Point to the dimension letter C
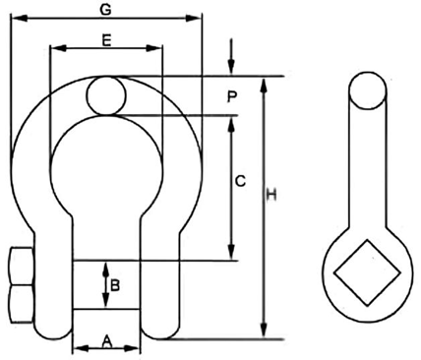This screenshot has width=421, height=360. [239, 182]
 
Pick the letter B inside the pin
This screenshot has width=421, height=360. [115, 285]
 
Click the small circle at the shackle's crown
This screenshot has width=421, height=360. [105, 95]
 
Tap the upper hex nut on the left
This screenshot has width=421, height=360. [19, 267]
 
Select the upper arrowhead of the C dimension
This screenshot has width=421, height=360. [231, 121]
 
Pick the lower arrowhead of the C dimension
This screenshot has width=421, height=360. [231, 255]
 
